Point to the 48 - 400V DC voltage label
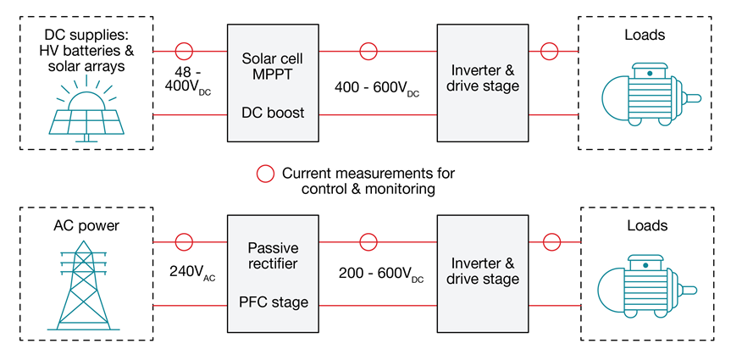(x=191, y=82)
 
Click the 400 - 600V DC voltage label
(x=377, y=88)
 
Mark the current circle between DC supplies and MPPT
(x=184, y=51)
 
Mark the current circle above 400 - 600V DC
(x=368, y=51)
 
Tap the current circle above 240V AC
(x=184, y=242)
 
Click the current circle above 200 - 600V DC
(x=368, y=242)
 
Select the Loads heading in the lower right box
(x=649, y=226)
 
